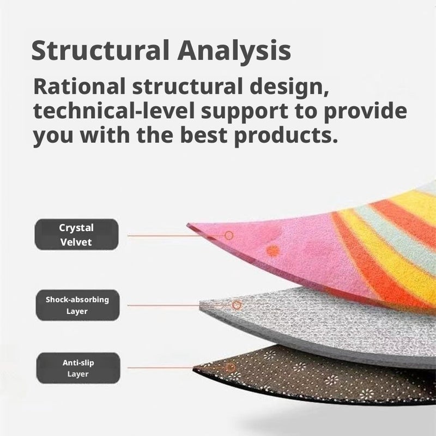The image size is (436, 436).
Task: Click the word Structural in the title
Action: click(x=100, y=50)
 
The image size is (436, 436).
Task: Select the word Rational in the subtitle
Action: click(x=79, y=87)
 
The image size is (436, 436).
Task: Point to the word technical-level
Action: click(x=114, y=111)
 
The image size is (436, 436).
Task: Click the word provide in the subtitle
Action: click(x=365, y=111)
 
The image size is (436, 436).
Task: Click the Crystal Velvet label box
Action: click(x=76, y=234)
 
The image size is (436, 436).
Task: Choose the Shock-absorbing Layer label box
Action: click(x=77, y=305)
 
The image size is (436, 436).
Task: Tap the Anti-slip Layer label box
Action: click(x=78, y=368)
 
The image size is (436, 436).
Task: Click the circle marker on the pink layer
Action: click(x=229, y=235)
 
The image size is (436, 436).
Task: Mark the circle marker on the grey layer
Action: click(x=237, y=305)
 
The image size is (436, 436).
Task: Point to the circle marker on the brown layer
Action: click(x=231, y=368)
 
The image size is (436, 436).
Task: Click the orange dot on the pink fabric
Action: click(x=273, y=251)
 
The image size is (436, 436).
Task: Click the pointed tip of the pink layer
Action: click(x=187, y=224)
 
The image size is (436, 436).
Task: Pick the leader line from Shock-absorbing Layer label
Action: click(x=180, y=305)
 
